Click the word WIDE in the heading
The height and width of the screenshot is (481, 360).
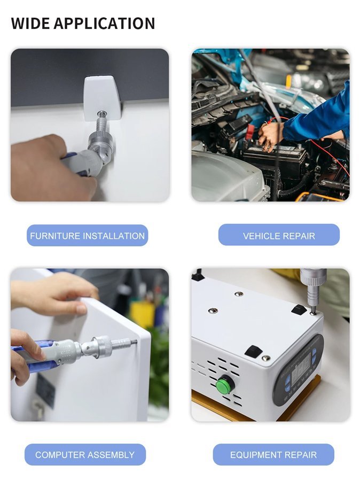pyautogui.click(x=30, y=24)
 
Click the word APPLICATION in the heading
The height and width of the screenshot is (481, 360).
pyautogui.click(x=105, y=24)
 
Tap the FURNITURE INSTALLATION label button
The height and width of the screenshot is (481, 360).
pyautogui.click(x=88, y=236)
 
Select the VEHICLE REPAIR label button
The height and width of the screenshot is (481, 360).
pyautogui.click(x=279, y=235)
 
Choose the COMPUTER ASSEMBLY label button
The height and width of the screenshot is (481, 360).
pyautogui.click(x=85, y=455)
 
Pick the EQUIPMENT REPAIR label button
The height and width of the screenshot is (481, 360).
pyautogui.click(x=273, y=455)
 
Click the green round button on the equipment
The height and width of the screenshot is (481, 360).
pyautogui.click(x=223, y=385)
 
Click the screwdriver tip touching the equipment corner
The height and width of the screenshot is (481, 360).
pyautogui.click(x=312, y=312)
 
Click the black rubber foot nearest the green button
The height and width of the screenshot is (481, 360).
pyautogui.click(x=253, y=350)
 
